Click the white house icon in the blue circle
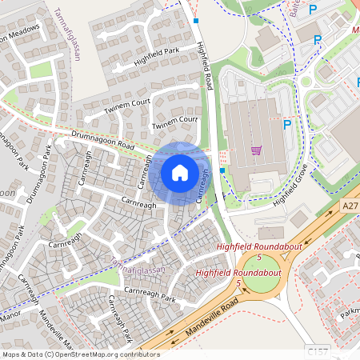(x=180, y=172)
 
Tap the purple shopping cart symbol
(x=257, y=150)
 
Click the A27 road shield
(x=348, y=206)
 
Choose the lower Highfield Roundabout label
(x=238, y=273)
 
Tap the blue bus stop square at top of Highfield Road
(x=195, y=21)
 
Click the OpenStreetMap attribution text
(x=80, y=354)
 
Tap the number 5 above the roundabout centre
(x=259, y=258)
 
